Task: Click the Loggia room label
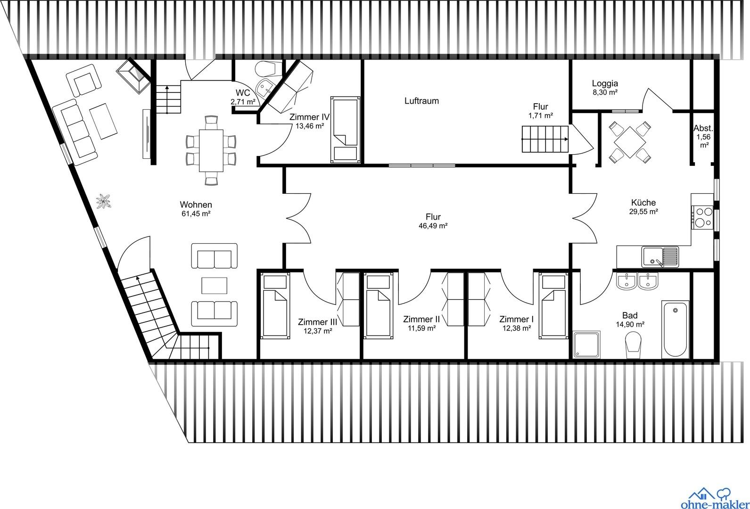pyautogui.click(x=605, y=83)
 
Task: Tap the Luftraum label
pyautogui.click(x=421, y=101)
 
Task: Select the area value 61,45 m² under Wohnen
pyautogui.click(x=196, y=213)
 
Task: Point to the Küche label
pyautogui.click(x=643, y=203)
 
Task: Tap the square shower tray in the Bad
pyautogui.click(x=586, y=345)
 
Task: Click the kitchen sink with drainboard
pyautogui.click(x=660, y=257)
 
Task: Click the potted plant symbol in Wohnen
pyautogui.click(x=103, y=201)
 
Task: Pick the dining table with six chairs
pyautogui.click(x=211, y=150)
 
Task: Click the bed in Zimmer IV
pyautogui.click(x=346, y=130)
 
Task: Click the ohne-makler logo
pyautogui.click(x=715, y=498)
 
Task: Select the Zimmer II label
pyautogui.click(x=421, y=319)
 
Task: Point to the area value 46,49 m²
pyautogui.click(x=433, y=226)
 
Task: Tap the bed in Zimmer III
pyautogui.click(x=275, y=306)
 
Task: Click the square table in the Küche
pyautogui.click(x=630, y=142)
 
